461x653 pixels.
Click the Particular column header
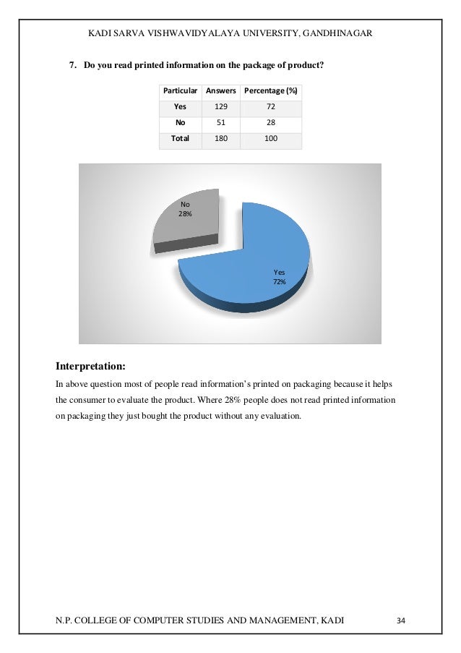180,91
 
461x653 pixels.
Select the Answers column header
220,91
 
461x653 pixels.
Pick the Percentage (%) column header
271,91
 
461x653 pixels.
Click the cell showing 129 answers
220,106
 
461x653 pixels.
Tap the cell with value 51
220,122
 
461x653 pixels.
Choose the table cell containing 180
220,138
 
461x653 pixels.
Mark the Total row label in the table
180,138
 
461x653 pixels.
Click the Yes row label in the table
180,106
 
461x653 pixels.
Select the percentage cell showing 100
271,138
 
